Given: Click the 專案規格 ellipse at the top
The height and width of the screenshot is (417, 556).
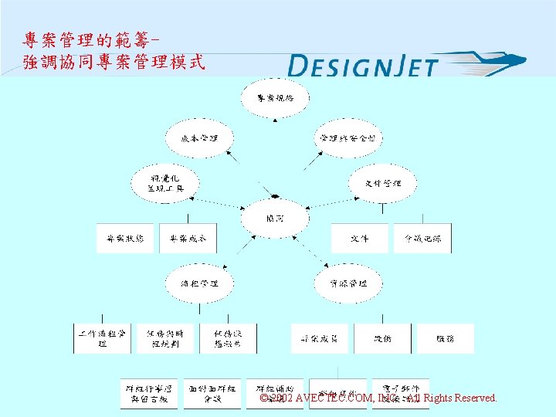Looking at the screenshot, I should click(275, 98).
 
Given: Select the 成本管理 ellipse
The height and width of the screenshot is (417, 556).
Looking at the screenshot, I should click(199, 139).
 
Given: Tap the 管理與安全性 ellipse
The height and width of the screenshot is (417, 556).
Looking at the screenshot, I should click(347, 139).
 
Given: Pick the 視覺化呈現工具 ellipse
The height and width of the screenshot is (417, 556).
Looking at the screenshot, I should click(166, 183).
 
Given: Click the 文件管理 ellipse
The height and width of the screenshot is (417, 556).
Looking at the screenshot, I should click(384, 183).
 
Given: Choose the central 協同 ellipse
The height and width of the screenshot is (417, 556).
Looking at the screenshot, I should click(274, 219).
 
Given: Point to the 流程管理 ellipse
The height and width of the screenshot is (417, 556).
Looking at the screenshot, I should click(199, 283).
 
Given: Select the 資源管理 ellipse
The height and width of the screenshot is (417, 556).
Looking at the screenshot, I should click(347, 283).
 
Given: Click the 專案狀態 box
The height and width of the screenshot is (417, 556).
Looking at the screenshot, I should click(125, 239).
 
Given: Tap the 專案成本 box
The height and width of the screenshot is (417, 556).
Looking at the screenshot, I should click(188, 239).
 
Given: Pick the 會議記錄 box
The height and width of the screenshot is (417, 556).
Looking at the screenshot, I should click(422, 239).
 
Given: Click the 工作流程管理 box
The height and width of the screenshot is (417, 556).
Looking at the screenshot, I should click(102, 338).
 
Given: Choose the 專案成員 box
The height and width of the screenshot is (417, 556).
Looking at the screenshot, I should click(319, 338).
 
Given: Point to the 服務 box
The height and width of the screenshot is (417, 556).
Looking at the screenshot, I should click(445, 338).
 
